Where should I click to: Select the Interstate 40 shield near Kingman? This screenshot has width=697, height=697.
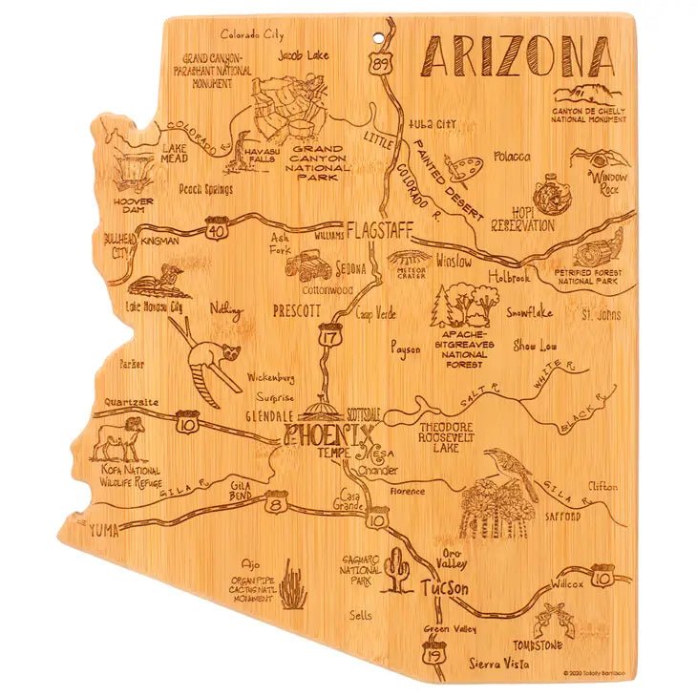[x=217, y=231]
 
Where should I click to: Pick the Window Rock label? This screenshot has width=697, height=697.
[x=608, y=181]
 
